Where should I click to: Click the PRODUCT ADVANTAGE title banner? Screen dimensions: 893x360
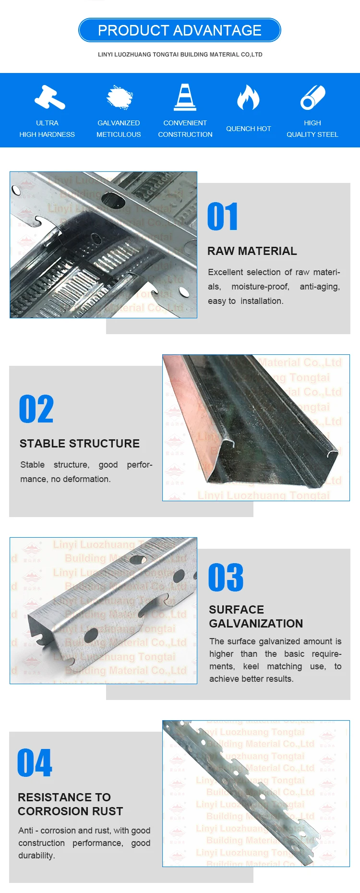180,30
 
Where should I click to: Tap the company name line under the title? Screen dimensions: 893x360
180,55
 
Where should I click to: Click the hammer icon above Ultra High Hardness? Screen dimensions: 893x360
49,97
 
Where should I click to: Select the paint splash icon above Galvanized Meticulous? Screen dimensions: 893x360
119,97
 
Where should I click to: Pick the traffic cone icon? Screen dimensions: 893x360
185,97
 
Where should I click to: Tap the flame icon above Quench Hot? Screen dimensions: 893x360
248,97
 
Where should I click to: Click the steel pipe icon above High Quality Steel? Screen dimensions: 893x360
312,97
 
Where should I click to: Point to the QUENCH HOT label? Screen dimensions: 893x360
248,129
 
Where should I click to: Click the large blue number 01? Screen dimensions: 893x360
222,217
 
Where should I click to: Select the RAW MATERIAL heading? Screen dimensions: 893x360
252,251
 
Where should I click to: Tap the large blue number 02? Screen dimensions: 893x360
36,410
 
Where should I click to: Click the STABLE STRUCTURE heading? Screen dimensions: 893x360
80,444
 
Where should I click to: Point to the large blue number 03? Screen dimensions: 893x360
226,578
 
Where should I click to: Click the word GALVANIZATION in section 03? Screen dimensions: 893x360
256,624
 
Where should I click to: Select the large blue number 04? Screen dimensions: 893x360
35,763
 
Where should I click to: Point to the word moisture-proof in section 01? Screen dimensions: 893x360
260,287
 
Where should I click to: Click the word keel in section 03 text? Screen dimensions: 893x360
251,666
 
